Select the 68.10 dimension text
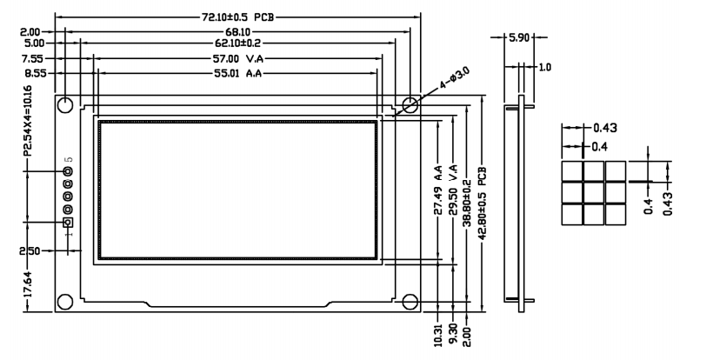point(238,30)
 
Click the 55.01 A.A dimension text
point(237,73)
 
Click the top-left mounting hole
point(65,105)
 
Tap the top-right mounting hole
point(410,104)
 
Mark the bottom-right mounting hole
point(410,301)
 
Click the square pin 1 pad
point(68,223)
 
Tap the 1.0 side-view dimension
point(544,66)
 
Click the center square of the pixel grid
point(593,191)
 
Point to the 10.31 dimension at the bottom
point(439,336)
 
